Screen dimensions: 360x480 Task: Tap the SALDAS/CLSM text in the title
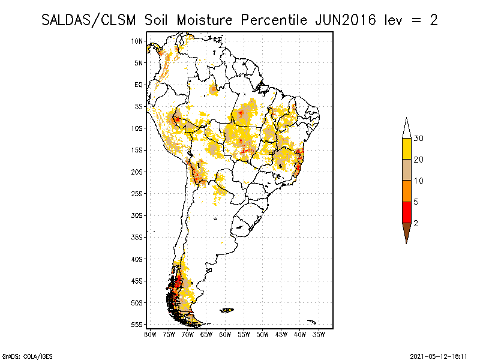[x=91, y=20]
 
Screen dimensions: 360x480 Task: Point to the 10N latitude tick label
[x=137, y=41]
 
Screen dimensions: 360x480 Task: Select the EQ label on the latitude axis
[x=139, y=85]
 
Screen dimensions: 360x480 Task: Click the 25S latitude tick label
[x=137, y=193]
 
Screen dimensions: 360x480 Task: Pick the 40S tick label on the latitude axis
[x=137, y=259]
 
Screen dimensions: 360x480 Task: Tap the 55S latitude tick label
[x=137, y=324]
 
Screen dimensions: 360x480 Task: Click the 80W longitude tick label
[x=151, y=334]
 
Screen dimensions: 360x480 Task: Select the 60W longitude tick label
[x=226, y=334]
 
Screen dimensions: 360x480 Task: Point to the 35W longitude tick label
[x=319, y=334]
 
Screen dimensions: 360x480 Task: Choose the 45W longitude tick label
[x=281, y=334]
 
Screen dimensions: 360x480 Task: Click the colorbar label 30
[x=419, y=139]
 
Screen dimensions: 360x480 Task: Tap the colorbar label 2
[x=416, y=223]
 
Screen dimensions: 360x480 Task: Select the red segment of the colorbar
[x=406, y=212]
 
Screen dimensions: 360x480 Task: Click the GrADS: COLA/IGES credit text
[x=20, y=356]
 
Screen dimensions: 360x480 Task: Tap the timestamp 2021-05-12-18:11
[x=439, y=356]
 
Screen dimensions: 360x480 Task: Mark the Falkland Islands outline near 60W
[x=227, y=310]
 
